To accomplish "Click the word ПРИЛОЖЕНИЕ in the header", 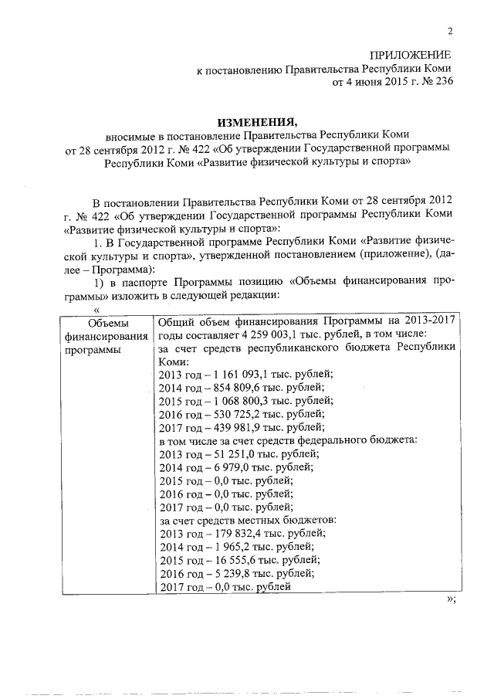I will [410, 56].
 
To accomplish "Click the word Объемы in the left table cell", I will [108, 322].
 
